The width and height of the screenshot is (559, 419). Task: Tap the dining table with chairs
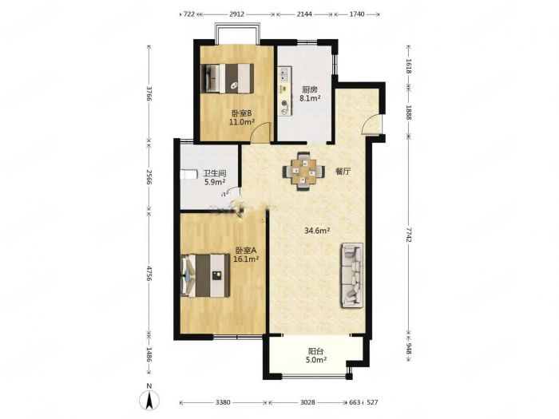[x=303, y=172]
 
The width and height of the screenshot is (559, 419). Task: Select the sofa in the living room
[x=352, y=275]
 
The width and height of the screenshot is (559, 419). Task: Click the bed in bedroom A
[x=205, y=275]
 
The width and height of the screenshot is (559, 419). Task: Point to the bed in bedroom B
[x=228, y=78]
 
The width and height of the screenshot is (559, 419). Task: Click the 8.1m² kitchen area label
[x=310, y=98]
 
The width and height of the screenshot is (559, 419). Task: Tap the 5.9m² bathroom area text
[x=215, y=183]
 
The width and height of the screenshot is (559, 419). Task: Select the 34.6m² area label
[x=316, y=231]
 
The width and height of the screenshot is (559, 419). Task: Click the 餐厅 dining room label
[x=343, y=172]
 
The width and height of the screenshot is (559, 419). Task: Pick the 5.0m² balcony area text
[x=316, y=360]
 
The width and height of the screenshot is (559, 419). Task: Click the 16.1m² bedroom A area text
[x=246, y=259]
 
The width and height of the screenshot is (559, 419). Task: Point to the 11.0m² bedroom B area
[x=242, y=122]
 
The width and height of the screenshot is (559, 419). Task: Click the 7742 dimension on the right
[x=409, y=235]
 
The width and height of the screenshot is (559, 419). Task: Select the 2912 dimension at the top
[x=236, y=14]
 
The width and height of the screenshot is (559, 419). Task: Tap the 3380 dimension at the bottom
[x=223, y=402]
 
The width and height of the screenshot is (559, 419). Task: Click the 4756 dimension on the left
[x=149, y=273]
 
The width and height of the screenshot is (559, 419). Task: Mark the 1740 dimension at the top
[x=357, y=14]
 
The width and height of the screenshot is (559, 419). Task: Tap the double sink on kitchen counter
[x=284, y=74]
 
